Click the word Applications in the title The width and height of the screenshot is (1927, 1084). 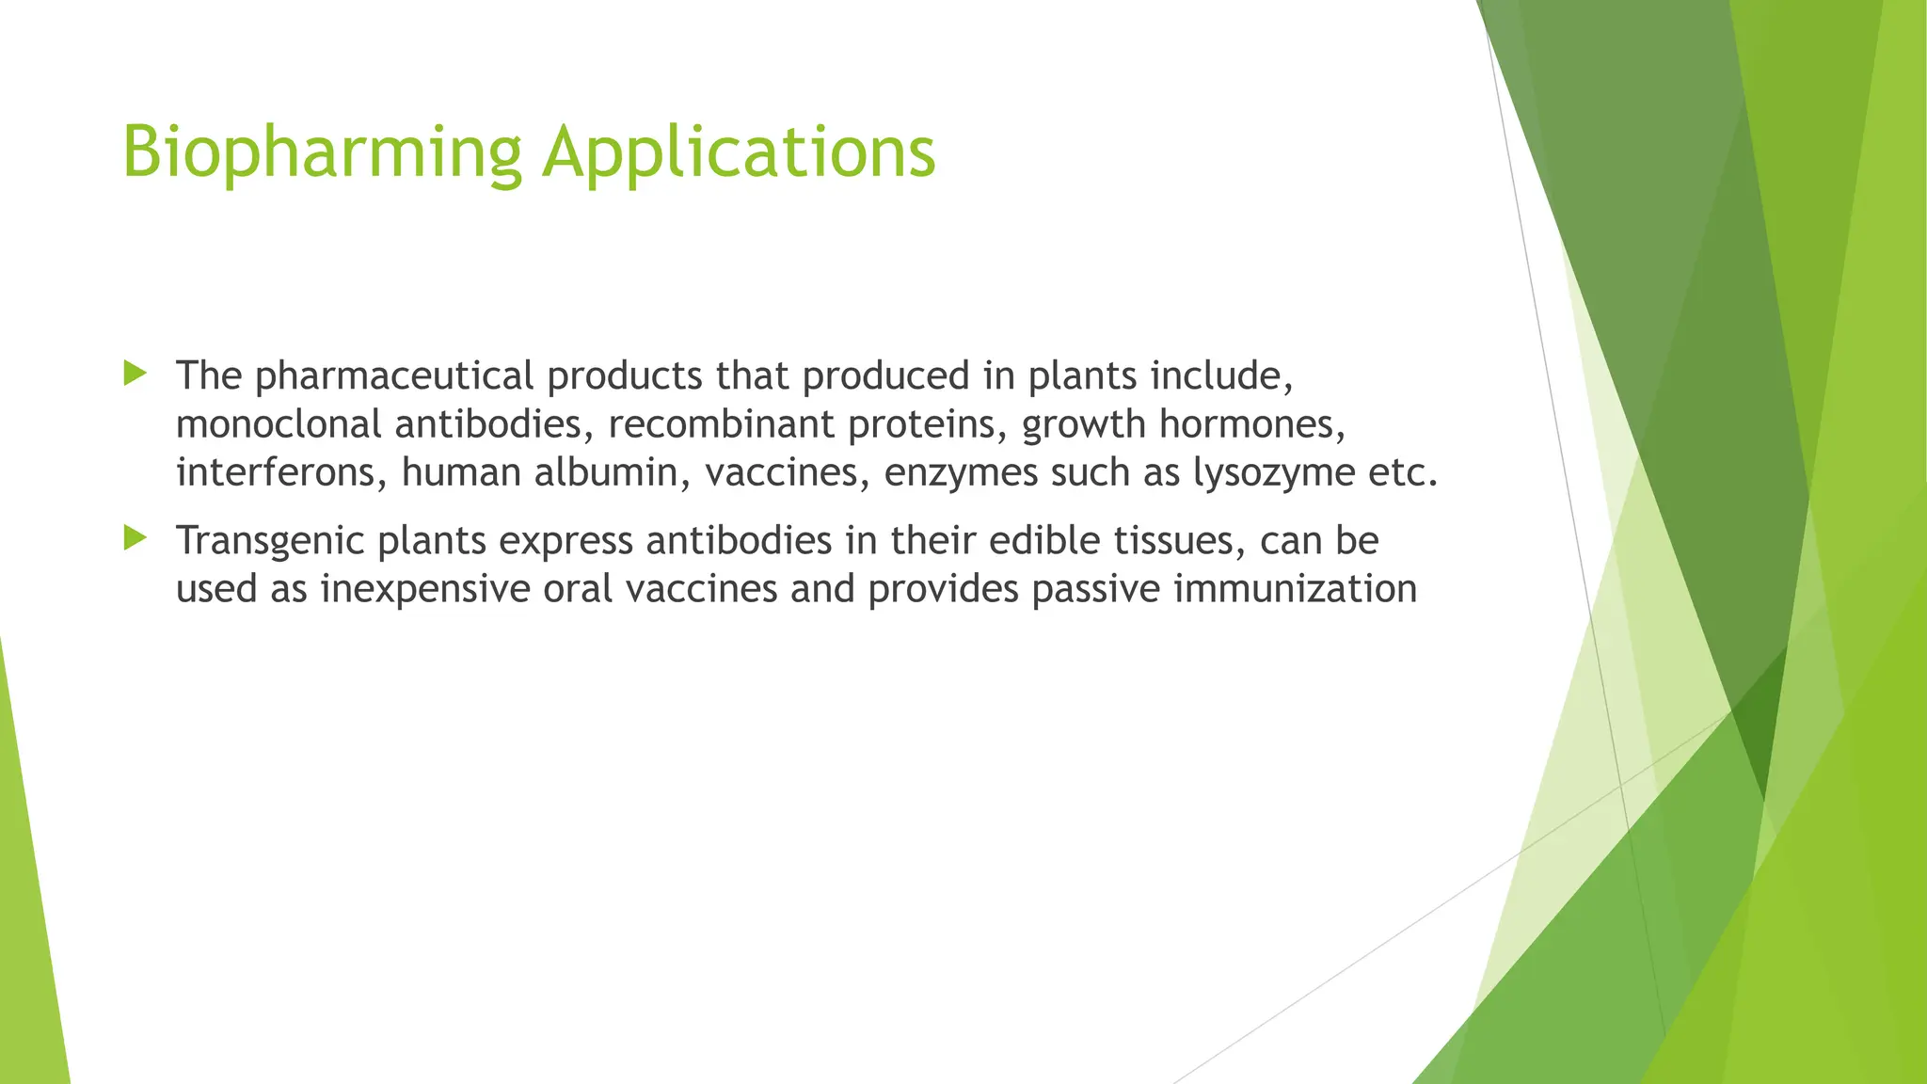point(739,152)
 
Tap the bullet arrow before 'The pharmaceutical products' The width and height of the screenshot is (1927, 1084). point(135,374)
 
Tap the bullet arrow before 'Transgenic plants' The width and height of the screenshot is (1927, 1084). point(135,538)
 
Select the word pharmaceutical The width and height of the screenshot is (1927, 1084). point(394,376)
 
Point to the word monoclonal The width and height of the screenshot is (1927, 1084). point(279,424)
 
